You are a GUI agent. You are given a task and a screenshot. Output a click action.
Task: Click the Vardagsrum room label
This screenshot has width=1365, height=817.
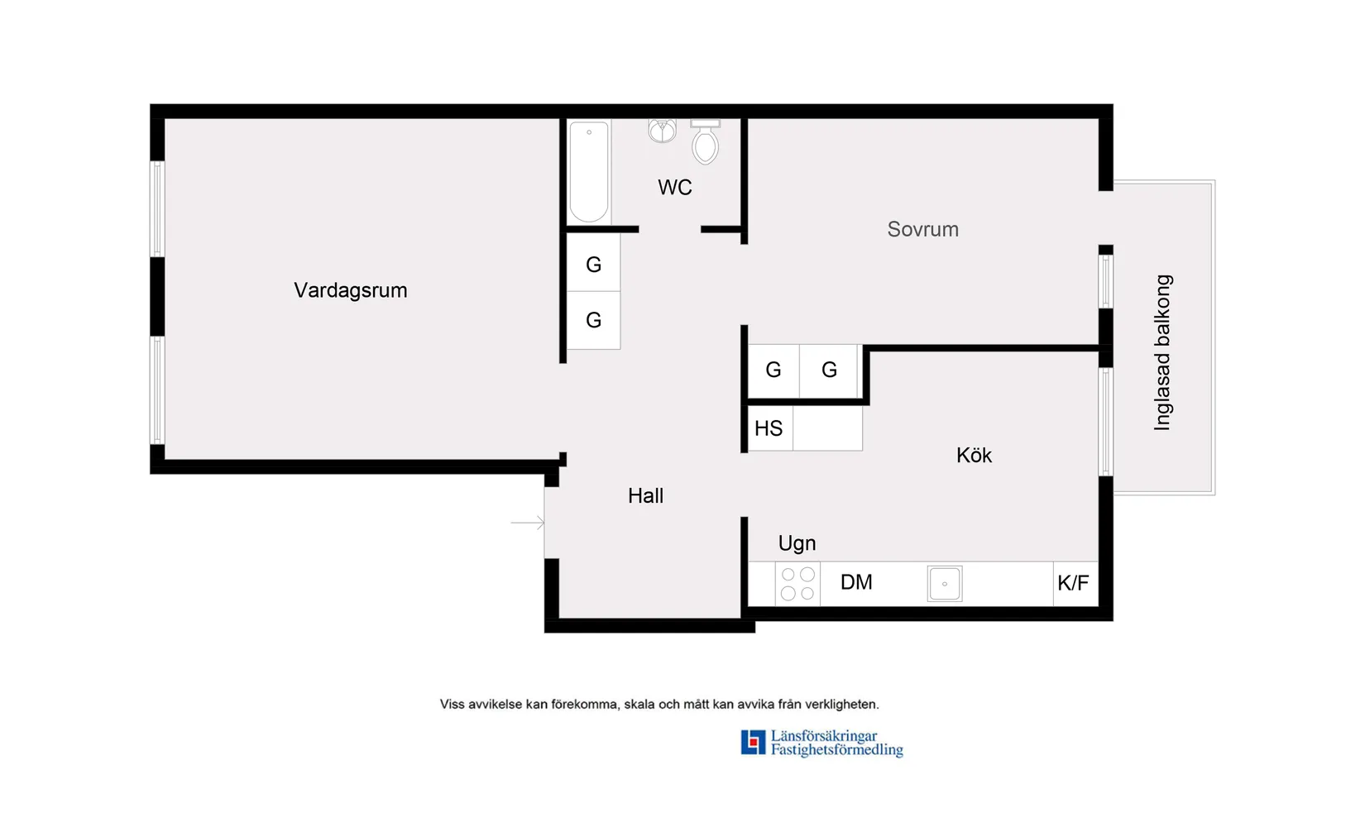[351, 290]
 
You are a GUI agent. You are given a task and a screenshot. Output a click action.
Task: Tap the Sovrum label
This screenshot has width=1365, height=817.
[922, 229]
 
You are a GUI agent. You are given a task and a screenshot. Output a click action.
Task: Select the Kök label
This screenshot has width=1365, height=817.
[974, 456]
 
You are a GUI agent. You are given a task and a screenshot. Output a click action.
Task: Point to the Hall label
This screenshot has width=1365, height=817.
[645, 496]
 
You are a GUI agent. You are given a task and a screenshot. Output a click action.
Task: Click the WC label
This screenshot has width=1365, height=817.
[674, 188]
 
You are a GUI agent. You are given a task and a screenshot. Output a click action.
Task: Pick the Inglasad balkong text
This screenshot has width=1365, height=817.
[1162, 352]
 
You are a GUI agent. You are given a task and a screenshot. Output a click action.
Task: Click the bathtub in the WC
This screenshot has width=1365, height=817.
[589, 172]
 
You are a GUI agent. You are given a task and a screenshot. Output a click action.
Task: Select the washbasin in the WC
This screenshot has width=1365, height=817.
[662, 130]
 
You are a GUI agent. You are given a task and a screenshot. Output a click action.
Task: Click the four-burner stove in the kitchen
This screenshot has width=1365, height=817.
[797, 583]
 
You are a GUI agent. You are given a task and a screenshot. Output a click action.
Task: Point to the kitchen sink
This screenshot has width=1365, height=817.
[944, 583]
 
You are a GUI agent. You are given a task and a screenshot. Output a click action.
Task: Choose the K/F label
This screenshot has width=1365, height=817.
[1073, 583]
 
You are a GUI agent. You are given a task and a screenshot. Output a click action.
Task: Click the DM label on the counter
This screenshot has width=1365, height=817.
[856, 582]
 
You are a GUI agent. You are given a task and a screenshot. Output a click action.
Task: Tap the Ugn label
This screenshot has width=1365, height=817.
[797, 543]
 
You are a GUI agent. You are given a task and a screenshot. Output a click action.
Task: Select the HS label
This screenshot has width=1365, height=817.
[769, 428]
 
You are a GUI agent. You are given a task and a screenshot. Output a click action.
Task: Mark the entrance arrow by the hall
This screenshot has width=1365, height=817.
[527, 523]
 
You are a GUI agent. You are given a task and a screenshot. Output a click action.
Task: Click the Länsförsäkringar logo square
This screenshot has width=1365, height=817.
[753, 742]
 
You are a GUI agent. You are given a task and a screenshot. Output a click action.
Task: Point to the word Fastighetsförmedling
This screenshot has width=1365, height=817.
[836, 750]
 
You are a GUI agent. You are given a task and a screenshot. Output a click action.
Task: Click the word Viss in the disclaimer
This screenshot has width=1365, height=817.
[452, 705]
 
